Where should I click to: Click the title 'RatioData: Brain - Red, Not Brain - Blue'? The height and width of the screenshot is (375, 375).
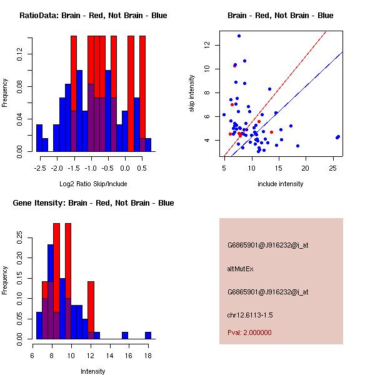coord(93,16)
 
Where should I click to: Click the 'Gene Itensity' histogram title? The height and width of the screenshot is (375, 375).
coord(93,203)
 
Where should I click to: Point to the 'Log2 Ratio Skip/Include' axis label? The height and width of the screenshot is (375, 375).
coord(93,184)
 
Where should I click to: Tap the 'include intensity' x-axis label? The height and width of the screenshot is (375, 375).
coord(280,184)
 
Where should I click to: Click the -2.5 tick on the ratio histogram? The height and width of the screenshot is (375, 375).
coord(39,167)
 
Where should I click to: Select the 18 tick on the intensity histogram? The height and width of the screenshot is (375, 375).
coord(148,355)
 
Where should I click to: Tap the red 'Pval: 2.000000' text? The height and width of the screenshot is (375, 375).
coord(249,332)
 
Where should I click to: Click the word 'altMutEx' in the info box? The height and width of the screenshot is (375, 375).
coord(240,269)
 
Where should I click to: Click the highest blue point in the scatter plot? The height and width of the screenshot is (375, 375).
coord(239,36)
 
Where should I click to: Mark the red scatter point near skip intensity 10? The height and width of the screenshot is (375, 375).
coord(234,65)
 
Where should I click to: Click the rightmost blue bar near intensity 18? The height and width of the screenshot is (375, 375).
coord(148,336)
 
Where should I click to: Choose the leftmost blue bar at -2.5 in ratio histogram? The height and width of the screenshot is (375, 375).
coord(39,137)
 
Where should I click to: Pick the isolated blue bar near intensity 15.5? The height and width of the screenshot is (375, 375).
coord(125,336)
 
